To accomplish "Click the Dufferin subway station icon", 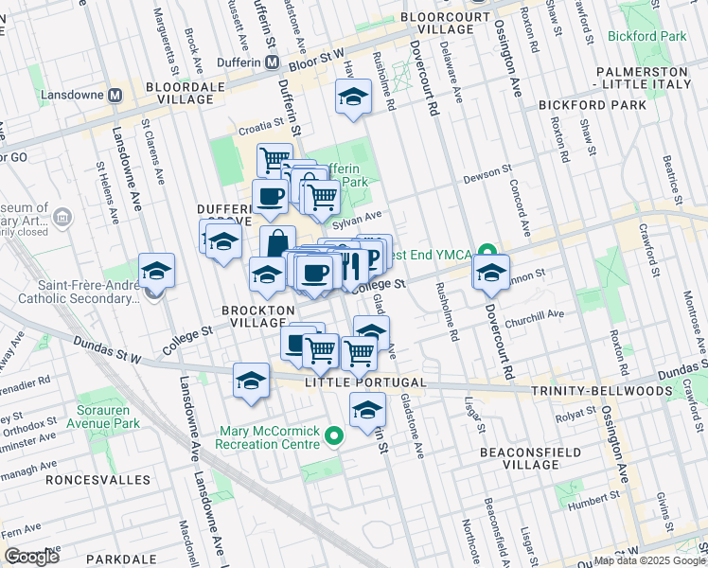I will pyautogui.click(x=272, y=62).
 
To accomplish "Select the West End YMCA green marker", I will pyautogui.click(x=487, y=252).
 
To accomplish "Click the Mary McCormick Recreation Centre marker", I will pyautogui.click(x=333, y=436).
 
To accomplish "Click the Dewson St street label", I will pyautogui.click(x=488, y=179).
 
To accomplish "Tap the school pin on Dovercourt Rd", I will pyautogui.click(x=491, y=272).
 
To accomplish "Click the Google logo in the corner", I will pyautogui.click(x=31, y=556).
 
